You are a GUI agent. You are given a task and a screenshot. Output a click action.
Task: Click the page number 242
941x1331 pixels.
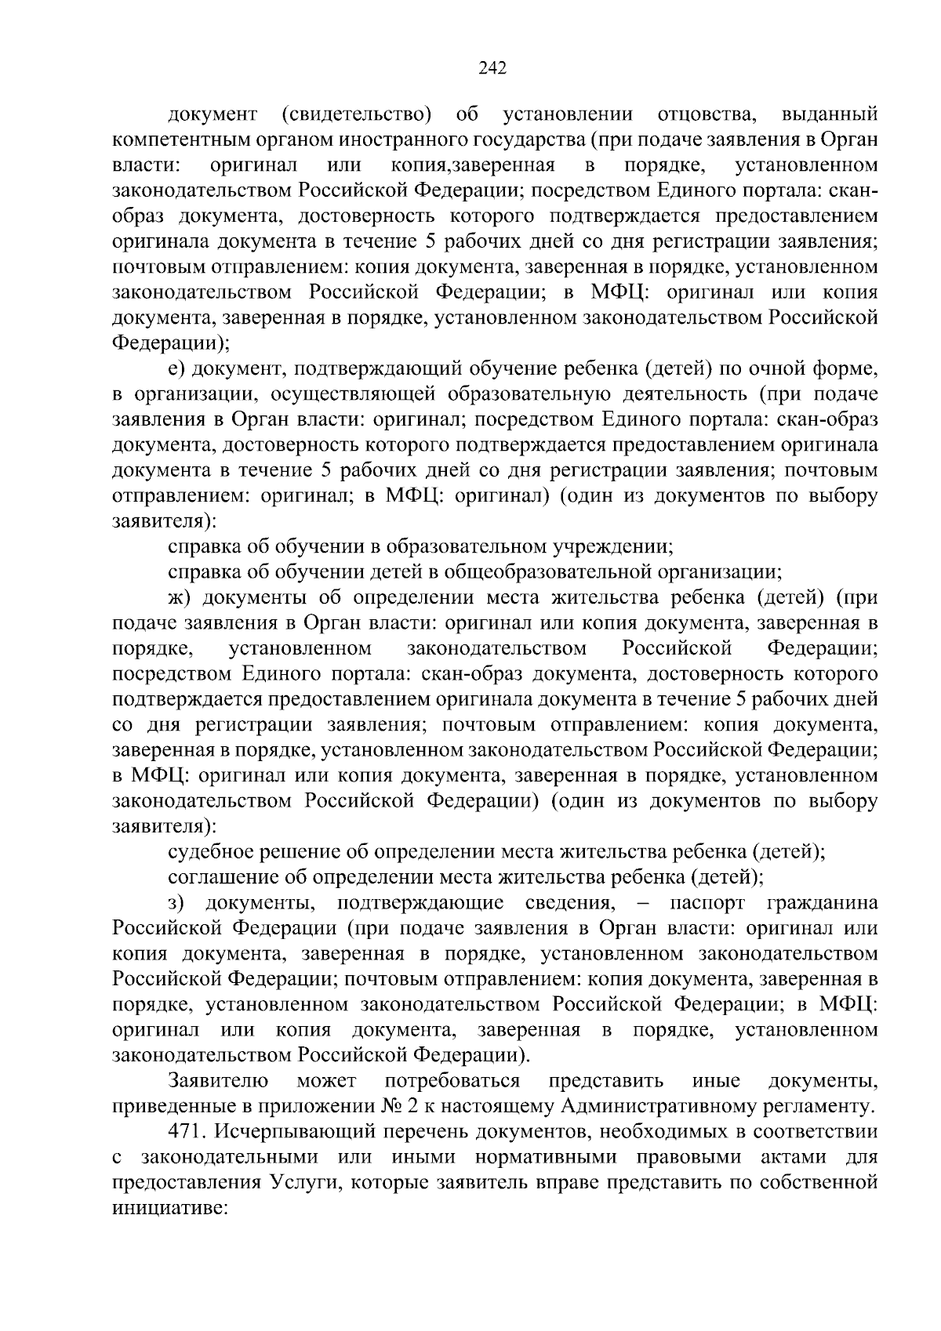pos(493,67)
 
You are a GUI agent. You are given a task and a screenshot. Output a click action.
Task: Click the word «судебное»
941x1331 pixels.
pos(208,852)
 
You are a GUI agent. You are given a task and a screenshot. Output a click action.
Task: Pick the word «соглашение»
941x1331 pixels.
pos(217,878)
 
